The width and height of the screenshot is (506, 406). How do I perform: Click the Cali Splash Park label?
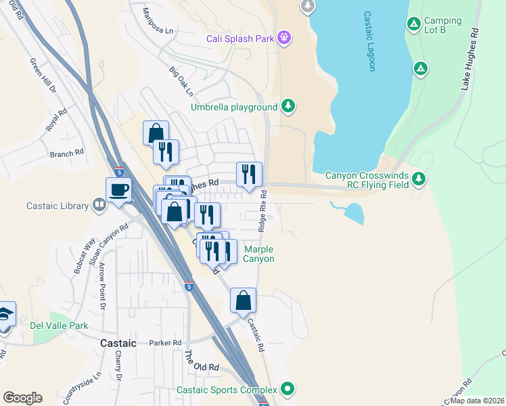tap(240, 38)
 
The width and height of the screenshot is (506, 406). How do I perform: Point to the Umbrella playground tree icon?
tap(289, 106)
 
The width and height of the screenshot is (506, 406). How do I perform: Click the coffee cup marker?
tap(119, 189)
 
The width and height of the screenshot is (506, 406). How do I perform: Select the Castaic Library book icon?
tap(99, 205)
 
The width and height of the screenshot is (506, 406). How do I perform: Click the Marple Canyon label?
tap(258, 254)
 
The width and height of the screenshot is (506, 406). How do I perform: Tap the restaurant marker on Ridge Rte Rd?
tap(249, 175)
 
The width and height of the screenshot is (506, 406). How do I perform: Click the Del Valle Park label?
tap(59, 325)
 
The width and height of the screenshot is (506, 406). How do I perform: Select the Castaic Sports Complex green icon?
tap(287, 389)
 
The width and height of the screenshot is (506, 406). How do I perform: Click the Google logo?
tap(22, 398)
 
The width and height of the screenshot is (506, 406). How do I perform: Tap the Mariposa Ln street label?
tap(159, 22)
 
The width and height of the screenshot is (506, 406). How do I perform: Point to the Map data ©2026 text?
tap(476, 401)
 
